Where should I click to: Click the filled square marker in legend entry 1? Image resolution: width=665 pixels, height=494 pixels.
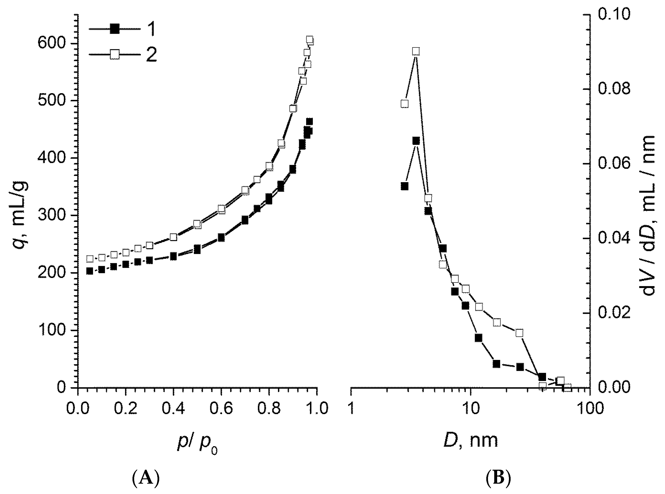point(115,29)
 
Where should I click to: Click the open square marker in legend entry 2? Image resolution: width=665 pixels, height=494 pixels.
point(115,55)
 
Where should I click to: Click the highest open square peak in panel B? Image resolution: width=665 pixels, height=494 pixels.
point(416,51)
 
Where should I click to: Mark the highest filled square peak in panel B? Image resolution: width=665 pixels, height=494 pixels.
point(416,141)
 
